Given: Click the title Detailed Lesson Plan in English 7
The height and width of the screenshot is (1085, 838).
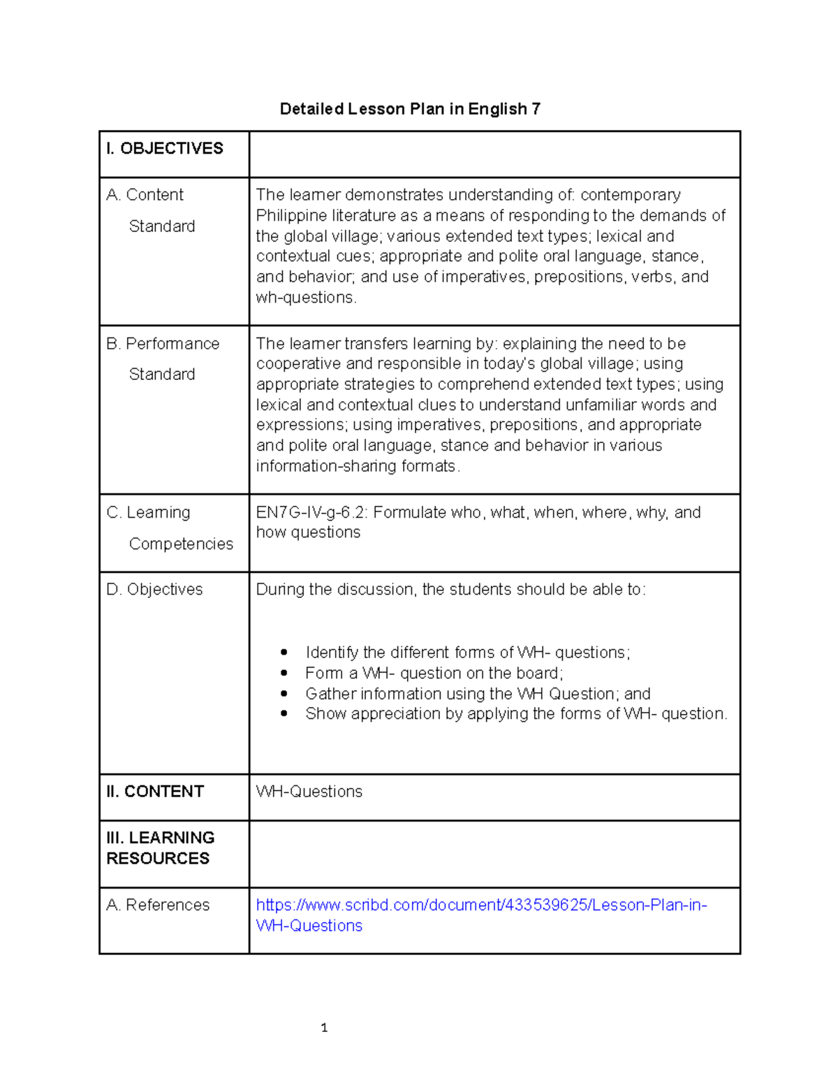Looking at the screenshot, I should [x=410, y=109].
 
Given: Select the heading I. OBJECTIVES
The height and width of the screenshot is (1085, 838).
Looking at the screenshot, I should [x=165, y=148].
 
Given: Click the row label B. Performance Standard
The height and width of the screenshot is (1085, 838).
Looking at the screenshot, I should [x=163, y=358].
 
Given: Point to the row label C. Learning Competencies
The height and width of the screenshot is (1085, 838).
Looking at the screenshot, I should [x=170, y=527].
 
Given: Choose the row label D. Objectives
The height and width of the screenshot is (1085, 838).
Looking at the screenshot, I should [x=154, y=590].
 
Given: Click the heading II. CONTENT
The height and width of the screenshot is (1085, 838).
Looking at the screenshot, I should [x=155, y=792].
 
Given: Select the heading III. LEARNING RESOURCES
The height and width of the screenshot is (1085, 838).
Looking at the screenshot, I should [x=160, y=847].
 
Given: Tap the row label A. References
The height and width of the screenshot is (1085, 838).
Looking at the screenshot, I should [x=158, y=905].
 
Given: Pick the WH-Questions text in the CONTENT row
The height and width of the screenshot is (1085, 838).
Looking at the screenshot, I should [x=309, y=792].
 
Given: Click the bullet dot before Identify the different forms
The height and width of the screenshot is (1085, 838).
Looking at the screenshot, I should [x=284, y=653].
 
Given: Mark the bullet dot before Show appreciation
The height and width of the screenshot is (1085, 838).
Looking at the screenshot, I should [x=284, y=714].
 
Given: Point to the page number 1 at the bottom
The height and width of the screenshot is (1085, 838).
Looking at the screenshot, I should [x=324, y=1028].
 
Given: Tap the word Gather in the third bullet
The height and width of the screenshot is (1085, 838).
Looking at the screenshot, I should [x=328, y=694].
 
